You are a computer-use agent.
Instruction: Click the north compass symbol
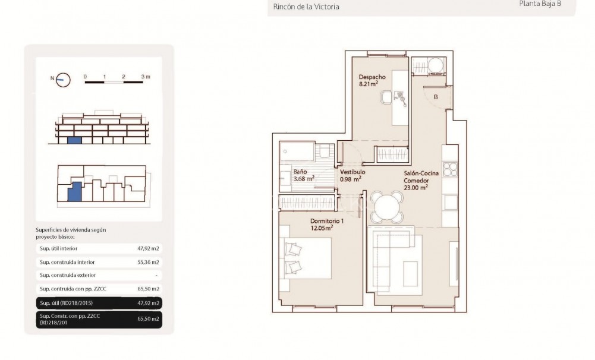click(62, 79)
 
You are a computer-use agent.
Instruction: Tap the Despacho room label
click(372, 77)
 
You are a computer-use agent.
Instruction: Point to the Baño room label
click(300, 172)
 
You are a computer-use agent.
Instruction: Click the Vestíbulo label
click(353, 172)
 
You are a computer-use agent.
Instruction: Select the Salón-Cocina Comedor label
click(421, 176)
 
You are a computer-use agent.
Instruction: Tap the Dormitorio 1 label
click(327, 221)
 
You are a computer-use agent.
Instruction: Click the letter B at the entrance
click(436, 97)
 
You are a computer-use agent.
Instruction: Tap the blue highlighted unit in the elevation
click(74, 140)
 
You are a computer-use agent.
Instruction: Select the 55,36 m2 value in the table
click(148, 262)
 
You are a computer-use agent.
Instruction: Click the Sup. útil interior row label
click(58, 248)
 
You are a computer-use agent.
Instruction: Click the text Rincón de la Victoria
click(306, 7)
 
